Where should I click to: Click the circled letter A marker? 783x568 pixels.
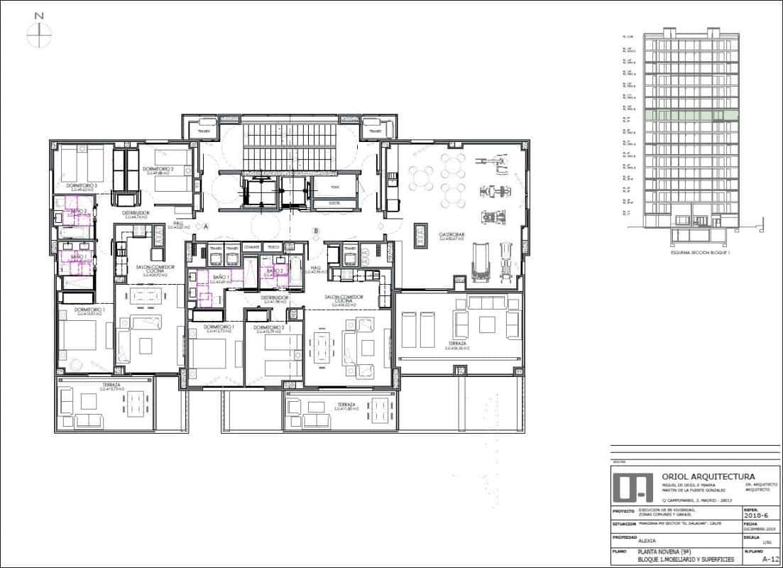pyautogui.click(x=205, y=226)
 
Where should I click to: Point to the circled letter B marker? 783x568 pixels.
pyautogui.click(x=317, y=230)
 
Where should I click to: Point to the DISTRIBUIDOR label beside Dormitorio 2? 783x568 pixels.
pyautogui.click(x=135, y=212)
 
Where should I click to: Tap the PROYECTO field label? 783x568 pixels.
pyautogui.click(x=623, y=510)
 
